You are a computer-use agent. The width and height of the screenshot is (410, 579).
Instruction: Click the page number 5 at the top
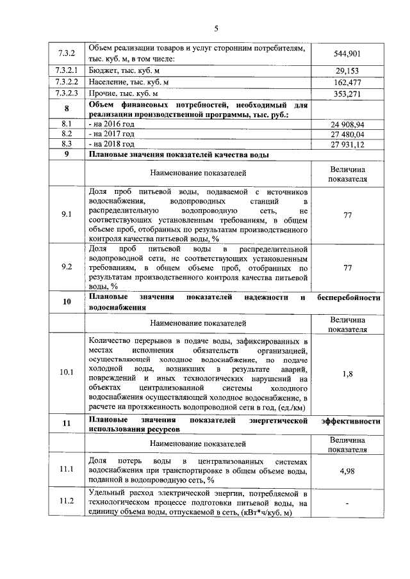[216, 28]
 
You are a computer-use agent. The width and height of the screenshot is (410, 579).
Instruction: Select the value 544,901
[347, 54]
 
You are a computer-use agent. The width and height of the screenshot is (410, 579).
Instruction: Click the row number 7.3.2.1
[67, 71]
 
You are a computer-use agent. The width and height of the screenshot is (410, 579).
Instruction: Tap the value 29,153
[347, 71]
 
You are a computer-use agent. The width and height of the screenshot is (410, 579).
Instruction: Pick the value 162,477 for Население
[347, 83]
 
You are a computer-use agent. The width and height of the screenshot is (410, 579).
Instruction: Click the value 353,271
[347, 94]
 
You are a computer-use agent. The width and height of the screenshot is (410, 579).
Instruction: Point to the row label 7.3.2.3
[67, 94]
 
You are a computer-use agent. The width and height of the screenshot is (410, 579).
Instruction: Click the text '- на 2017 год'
[111, 134]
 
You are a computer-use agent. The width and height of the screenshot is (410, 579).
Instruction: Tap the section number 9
[67, 155]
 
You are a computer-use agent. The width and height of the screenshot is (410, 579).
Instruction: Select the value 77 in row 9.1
[347, 216]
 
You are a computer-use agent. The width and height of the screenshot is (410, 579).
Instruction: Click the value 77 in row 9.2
[347, 267]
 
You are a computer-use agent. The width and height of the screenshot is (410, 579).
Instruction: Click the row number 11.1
[67, 469]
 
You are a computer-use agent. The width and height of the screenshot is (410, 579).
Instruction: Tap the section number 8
[67, 109]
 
